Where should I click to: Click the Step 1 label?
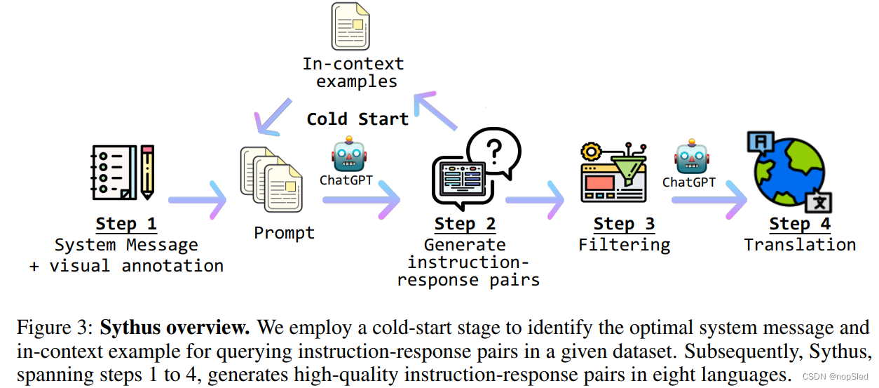(x=126, y=224)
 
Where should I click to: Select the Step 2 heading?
(x=465, y=224)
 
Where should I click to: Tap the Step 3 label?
(x=624, y=224)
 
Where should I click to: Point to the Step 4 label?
(x=800, y=224)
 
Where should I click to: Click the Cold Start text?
(x=357, y=119)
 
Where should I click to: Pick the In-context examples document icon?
(x=350, y=27)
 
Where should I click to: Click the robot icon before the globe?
(x=691, y=159)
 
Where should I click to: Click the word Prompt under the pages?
(x=284, y=233)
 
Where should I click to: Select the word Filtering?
(x=624, y=245)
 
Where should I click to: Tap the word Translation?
(x=800, y=245)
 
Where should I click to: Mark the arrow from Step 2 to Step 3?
(x=535, y=200)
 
